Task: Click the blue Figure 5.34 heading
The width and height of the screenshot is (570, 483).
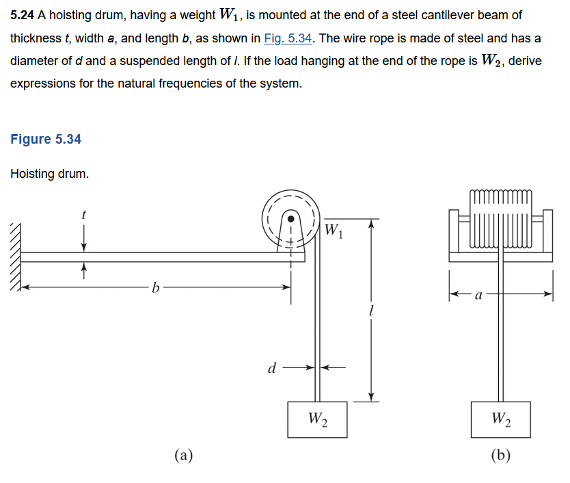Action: pos(46,139)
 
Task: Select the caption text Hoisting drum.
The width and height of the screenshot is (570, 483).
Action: pos(50,174)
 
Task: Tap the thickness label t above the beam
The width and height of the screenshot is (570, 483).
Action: pos(83,214)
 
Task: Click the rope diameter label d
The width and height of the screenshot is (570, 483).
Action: pos(271,369)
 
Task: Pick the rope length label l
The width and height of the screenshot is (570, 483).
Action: pos(370,311)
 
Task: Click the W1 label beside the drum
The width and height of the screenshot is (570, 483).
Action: pos(334,230)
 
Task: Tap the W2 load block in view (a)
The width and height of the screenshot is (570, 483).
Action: pos(317,418)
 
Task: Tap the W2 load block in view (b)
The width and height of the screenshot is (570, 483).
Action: pos(500,418)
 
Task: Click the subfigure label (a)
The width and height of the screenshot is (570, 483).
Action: pos(183,454)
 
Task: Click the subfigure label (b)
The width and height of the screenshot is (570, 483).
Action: pos(500,454)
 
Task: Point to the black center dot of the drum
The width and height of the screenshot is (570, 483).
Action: pos(290,220)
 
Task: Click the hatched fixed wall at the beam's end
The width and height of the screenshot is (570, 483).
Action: pos(14,257)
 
